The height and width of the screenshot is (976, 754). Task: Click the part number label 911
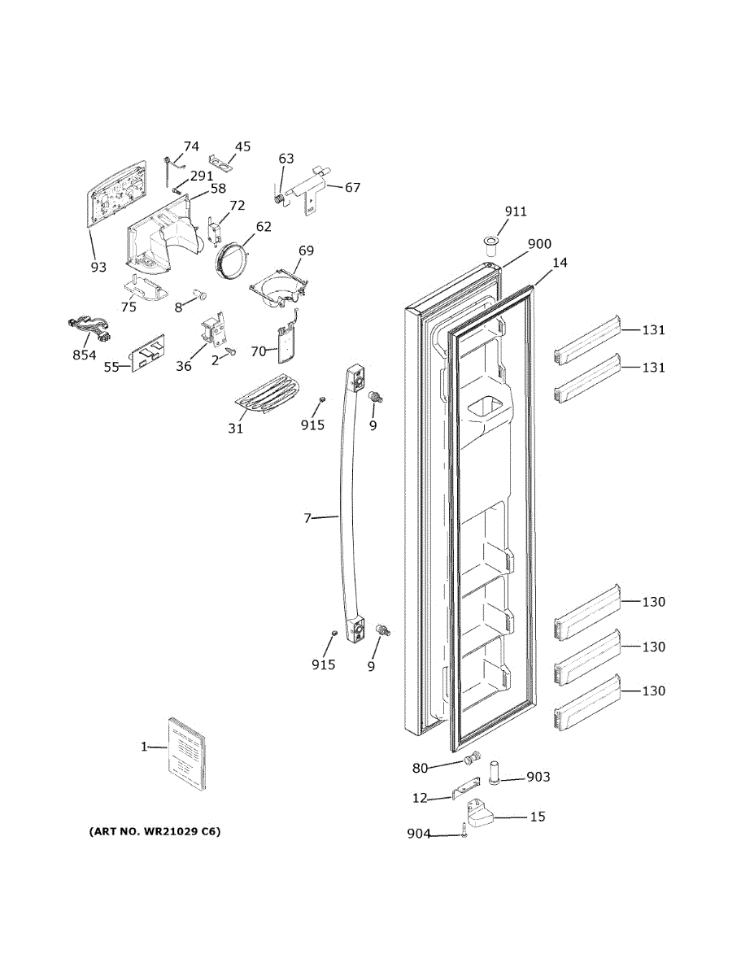[x=516, y=211]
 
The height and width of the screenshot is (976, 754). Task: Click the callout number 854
[x=83, y=355]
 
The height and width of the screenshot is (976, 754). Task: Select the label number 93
[x=98, y=267]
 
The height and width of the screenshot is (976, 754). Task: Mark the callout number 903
[x=538, y=778]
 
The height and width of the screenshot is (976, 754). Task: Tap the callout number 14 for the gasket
[x=560, y=263]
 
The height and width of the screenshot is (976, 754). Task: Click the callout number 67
[x=352, y=187]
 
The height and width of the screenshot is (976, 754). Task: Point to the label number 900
[x=539, y=244]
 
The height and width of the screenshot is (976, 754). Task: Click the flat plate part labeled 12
[x=464, y=791]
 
